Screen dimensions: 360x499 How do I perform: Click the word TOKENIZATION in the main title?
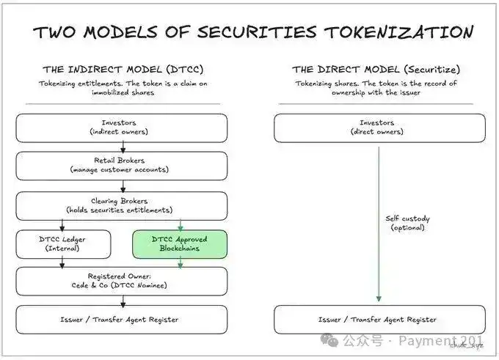coord(396,32)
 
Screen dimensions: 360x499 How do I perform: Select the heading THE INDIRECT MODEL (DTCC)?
coord(123,70)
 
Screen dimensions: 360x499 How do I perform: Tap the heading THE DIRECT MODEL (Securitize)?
coord(376,70)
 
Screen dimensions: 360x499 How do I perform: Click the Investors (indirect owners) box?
coord(122,128)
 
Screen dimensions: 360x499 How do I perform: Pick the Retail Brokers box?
coord(122,166)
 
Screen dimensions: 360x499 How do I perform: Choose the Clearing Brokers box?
coord(122,205)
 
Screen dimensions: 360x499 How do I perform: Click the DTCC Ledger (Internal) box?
coord(63,244)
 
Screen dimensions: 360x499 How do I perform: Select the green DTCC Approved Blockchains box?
coord(180,244)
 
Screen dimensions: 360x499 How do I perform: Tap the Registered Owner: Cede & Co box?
coord(122,281)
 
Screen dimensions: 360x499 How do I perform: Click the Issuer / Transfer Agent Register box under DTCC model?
coord(122,319)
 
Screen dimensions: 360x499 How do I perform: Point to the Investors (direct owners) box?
coord(379,128)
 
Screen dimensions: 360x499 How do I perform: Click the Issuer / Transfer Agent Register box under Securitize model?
coord(379,319)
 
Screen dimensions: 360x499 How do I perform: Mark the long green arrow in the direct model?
coord(379,220)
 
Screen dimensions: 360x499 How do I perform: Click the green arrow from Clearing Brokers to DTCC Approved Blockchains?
coord(180,224)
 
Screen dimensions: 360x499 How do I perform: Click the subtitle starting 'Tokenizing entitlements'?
coord(123,88)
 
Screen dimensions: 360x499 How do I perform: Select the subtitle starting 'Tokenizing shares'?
coord(376,88)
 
